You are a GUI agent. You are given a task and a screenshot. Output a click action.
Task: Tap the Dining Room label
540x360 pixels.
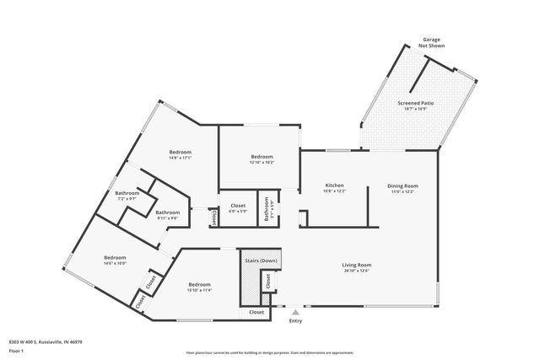(402, 185)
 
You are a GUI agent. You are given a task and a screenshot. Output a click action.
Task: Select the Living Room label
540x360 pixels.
(357, 265)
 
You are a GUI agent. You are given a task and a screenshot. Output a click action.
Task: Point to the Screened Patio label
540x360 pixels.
(414, 103)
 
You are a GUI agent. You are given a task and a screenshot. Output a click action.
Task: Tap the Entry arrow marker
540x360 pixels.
(295, 312)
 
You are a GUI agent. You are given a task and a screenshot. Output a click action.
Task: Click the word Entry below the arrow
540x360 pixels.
(295, 320)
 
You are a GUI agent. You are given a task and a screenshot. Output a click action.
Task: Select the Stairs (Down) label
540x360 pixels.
(262, 261)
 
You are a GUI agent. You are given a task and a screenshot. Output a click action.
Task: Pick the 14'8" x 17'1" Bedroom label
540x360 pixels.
(181, 152)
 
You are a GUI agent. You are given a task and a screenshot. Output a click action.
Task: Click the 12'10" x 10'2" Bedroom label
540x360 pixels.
(262, 157)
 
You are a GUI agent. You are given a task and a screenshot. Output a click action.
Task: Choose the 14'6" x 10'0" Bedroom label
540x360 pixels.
(115, 257)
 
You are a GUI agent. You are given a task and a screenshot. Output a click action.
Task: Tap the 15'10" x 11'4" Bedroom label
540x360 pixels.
(199, 284)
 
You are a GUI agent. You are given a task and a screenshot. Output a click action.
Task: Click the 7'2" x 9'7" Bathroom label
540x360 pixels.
(127, 194)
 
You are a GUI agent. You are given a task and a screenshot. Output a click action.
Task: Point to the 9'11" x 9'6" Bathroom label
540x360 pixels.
(167, 212)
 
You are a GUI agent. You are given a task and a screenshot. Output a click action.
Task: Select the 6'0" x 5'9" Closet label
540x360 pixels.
(238, 206)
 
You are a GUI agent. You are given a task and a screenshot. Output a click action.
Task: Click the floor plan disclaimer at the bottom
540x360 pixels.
(269, 353)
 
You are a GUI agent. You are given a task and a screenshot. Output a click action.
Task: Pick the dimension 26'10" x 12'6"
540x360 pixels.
(357, 271)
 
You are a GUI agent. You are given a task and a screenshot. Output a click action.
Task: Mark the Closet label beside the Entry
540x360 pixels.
(256, 312)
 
